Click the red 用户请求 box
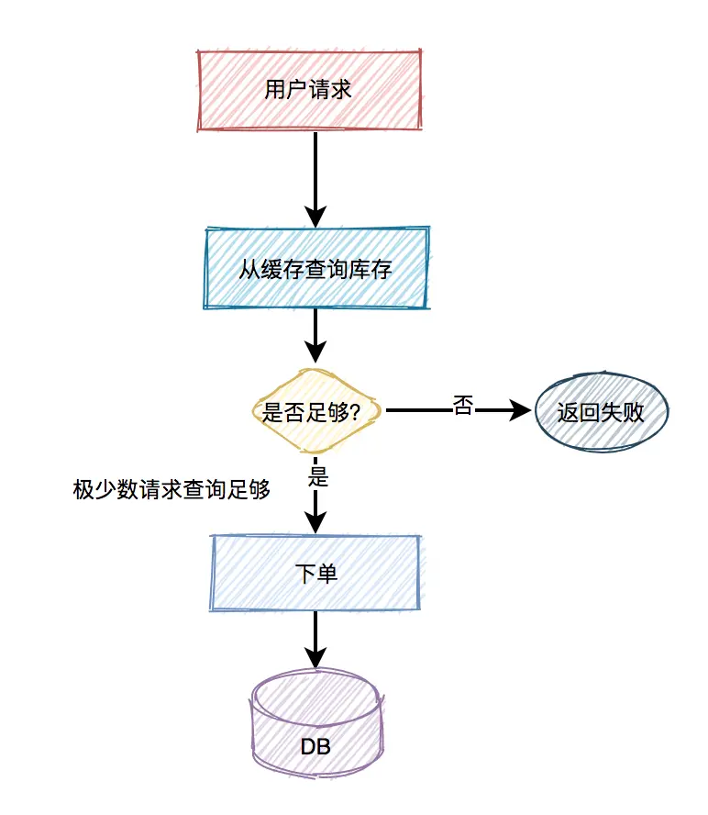[x=310, y=90]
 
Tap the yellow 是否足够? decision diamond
[x=316, y=412]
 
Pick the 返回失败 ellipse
[x=601, y=412]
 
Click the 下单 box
[x=316, y=574]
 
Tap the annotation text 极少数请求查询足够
[x=171, y=490]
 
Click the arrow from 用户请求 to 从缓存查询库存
[x=315, y=174]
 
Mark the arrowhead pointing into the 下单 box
[x=315, y=522]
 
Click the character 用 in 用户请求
[x=274, y=91]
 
